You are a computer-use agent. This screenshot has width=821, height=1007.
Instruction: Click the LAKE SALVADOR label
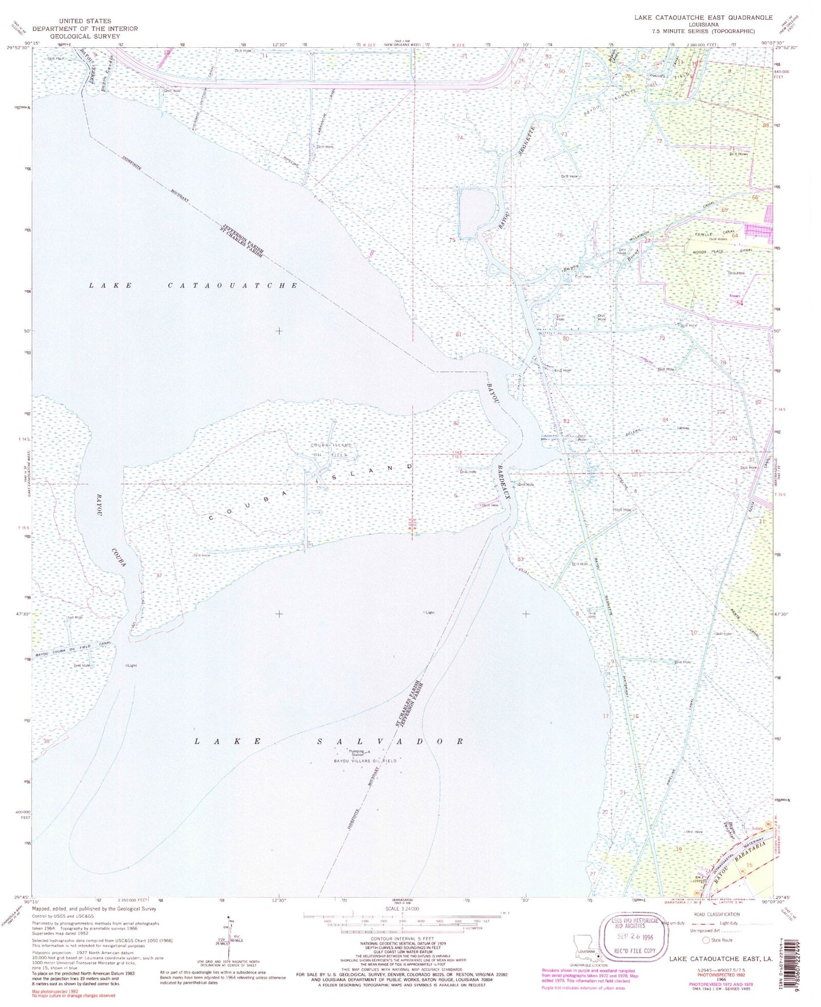point(329,741)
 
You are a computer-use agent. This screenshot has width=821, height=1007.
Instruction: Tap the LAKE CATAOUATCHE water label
point(193,285)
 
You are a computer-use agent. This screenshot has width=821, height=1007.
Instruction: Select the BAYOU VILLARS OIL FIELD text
point(365,761)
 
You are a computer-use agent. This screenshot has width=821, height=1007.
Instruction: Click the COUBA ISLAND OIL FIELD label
point(331,450)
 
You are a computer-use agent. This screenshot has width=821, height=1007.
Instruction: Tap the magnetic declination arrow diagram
point(231,940)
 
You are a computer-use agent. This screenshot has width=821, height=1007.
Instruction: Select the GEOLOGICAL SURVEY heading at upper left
point(85,36)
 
